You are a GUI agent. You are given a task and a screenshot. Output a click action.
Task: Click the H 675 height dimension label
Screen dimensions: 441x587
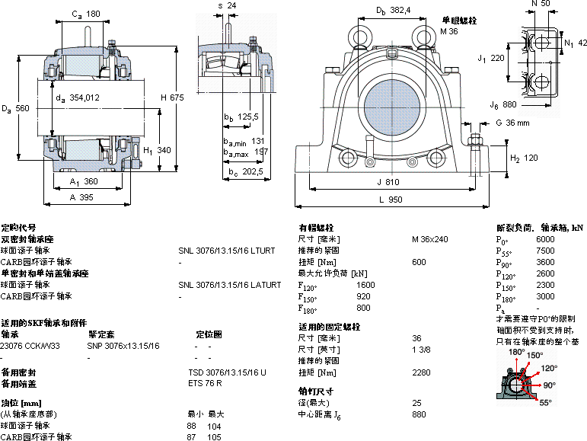[171, 97]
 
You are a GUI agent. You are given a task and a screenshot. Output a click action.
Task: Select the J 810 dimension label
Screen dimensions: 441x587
[388, 183]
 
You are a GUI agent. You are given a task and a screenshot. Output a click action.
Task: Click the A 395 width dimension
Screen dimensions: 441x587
[81, 197]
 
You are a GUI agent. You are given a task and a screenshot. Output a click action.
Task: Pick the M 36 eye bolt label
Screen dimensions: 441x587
[450, 31]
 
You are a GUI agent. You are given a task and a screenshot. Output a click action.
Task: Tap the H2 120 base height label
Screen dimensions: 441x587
[523, 158]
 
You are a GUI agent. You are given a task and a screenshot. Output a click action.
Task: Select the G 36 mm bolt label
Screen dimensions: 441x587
[512, 123]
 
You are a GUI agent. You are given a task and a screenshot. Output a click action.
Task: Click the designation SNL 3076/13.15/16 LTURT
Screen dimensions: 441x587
[226, 250]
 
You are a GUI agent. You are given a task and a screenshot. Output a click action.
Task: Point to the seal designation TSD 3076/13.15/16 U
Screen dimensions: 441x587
[227, 372]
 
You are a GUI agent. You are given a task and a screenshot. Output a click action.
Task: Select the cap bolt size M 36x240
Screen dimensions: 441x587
[429, 239]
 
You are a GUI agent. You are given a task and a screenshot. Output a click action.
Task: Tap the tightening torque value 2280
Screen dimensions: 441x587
[420, 372]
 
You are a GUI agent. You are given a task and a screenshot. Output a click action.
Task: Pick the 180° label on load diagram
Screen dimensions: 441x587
[517, 353]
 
